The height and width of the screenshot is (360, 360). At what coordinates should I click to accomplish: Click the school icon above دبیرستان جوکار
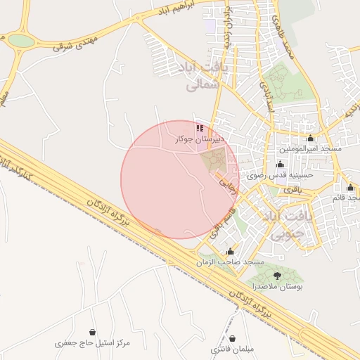pos(200,129)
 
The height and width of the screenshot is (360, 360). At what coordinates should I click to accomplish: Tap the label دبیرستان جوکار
pos(200,139)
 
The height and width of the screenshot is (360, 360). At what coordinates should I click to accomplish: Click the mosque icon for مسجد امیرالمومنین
pos(311,138)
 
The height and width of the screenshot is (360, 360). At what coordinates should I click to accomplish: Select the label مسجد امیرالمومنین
pos(311,148)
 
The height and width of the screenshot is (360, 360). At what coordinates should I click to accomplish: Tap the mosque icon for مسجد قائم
pos(350,187)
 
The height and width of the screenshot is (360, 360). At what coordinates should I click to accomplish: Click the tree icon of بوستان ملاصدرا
pos(276,275)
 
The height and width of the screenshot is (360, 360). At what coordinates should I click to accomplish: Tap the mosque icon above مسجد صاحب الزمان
pos(230,251)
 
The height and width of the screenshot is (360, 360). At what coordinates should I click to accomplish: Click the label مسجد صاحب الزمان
pos(231,262)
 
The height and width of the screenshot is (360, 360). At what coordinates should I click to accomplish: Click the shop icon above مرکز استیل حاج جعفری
pos(93,332)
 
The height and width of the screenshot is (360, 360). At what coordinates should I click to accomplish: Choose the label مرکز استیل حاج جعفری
pos(93,343)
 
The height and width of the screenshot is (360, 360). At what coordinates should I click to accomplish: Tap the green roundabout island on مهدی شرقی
pos(21,41)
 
